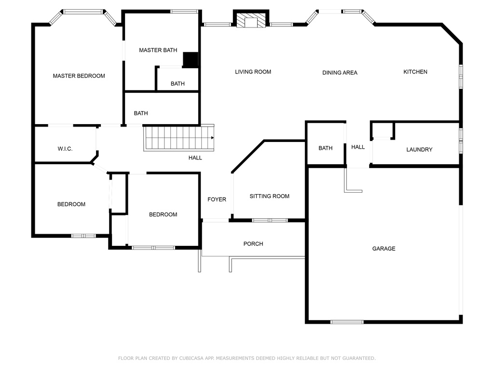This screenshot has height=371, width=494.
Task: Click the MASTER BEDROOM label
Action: (79, 76)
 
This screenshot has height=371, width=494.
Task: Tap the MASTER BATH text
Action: (158, 50)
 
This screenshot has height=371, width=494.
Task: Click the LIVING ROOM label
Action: (253, 72)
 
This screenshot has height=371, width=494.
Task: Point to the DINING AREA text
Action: (340, 72)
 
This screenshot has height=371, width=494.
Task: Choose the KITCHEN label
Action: (415, 72)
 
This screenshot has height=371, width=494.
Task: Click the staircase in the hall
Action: (178, 138)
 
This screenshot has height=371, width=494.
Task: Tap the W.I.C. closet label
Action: (65, 149)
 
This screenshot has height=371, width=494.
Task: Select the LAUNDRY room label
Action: (419, 150)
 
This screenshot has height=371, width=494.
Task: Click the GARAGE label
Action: (384, 249)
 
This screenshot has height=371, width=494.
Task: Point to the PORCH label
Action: (253, 244)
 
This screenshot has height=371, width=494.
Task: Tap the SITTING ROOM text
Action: (269, 196)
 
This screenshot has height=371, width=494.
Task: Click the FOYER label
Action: (217, 200)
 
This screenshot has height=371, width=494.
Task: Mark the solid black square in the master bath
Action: (191, 59)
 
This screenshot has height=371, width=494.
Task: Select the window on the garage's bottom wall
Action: (347, 322)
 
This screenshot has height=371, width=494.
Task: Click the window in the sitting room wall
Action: (270, 220)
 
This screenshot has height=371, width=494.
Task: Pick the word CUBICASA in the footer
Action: (192, 358)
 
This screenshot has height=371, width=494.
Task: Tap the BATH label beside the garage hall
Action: (326, 148)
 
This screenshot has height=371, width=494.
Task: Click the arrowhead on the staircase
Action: (213, 138)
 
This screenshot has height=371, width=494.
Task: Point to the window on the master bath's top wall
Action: (184, 12)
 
